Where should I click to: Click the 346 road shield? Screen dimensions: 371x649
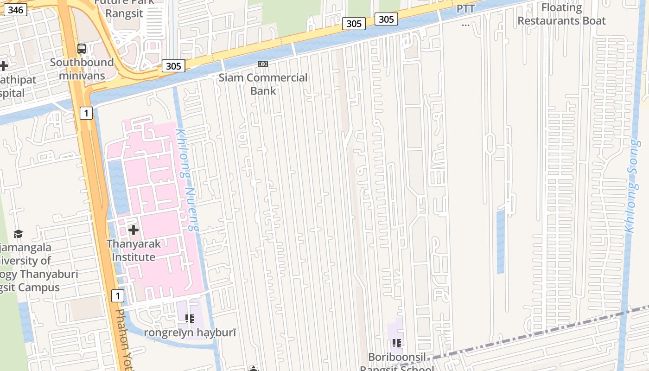pos(16,9)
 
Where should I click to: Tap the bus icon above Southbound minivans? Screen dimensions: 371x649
pos(82,48)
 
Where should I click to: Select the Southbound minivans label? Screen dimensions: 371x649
pos(82,69)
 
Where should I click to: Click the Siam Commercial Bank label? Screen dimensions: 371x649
pos(263,84)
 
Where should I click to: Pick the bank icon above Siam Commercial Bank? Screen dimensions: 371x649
pos(263,64)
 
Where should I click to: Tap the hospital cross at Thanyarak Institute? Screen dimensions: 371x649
pos(134,230)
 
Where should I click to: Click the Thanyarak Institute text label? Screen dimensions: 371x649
pos(134,250)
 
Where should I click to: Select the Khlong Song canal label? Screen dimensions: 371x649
pos(633,185)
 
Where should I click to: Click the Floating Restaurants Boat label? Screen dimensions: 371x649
pos(561,14)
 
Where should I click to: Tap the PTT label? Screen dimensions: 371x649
pos(465,9)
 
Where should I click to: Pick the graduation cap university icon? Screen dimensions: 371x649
pos(18,234)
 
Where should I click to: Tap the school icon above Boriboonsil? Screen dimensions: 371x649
pos(396,343)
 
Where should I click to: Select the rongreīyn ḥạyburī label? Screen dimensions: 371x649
pos(190,333)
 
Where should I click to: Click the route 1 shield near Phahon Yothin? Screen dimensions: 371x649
pos(118,296)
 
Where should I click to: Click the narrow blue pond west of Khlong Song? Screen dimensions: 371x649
pos(500,241)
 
